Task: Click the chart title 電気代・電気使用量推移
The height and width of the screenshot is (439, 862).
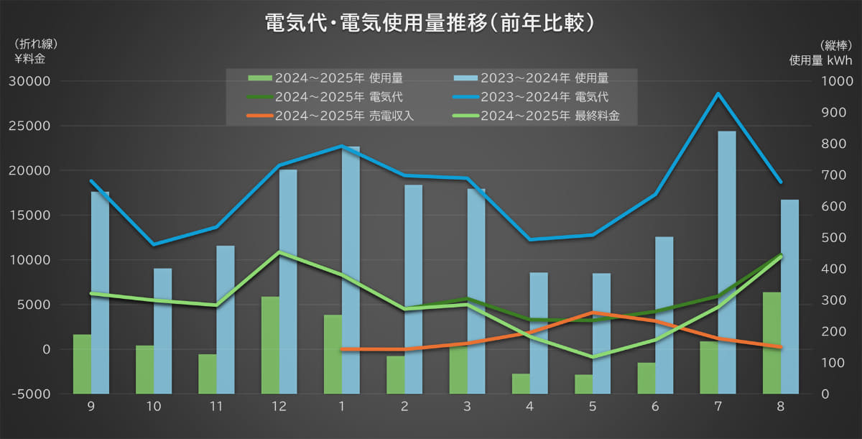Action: click(430, 22)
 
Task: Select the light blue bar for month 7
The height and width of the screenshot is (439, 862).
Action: click(727, 262)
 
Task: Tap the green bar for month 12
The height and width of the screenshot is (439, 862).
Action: click(270, 345)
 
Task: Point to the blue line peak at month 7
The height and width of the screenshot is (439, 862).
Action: click(718, 93)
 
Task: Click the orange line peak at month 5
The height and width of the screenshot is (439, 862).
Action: click(593, 313)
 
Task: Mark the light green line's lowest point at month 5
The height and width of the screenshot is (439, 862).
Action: click(593, 357)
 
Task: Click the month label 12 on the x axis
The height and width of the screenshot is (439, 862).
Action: click(279, 407)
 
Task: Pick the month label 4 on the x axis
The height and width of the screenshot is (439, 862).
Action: click(530, 407)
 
